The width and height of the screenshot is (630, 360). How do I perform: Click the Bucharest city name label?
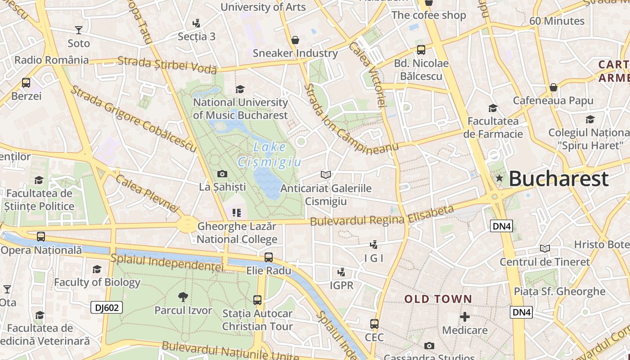(558, 179)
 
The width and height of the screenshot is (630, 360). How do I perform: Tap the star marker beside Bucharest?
(499, 179)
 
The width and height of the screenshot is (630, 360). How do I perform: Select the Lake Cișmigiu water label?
(269, 154)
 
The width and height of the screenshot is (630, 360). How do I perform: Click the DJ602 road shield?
(107, 307)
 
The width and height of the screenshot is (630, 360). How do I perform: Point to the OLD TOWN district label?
(438, 299)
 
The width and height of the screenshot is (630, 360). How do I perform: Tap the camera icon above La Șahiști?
(222, 174)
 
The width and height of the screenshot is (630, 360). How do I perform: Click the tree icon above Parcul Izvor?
(183, 297)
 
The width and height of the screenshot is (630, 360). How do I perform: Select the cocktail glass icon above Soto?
(79, 30)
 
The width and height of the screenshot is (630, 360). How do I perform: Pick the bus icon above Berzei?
(26, 83)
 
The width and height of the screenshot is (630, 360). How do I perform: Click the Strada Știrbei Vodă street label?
(167, 65)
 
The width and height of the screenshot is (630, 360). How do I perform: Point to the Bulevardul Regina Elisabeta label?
(382, 216)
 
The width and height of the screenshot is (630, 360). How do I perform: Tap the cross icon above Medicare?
(465, 317)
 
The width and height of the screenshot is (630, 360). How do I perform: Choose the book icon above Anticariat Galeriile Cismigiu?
(326, 175)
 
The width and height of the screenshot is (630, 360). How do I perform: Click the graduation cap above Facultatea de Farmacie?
(493, 108)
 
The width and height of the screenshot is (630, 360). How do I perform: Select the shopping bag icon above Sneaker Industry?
(295, 40)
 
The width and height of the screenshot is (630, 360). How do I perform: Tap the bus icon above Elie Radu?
(269, 257)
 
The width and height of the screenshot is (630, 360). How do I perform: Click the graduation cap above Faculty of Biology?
(97, 269)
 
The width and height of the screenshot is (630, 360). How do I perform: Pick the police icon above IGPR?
(342, 272)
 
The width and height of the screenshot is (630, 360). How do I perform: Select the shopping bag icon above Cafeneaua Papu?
(553, 87)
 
